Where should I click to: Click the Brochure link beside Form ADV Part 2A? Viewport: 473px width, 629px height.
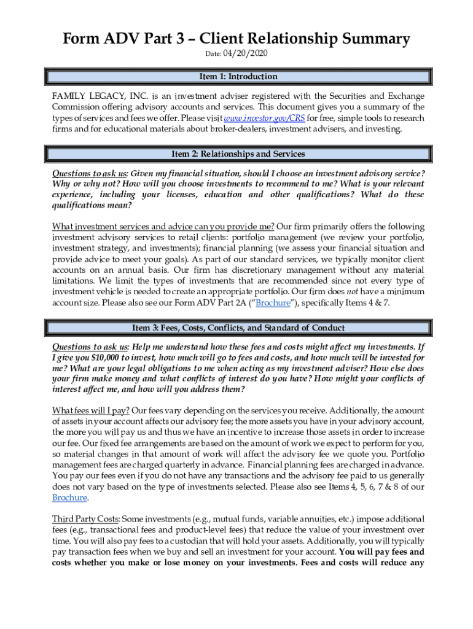point(273,303)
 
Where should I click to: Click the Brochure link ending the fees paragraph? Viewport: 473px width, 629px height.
point(69,498)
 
